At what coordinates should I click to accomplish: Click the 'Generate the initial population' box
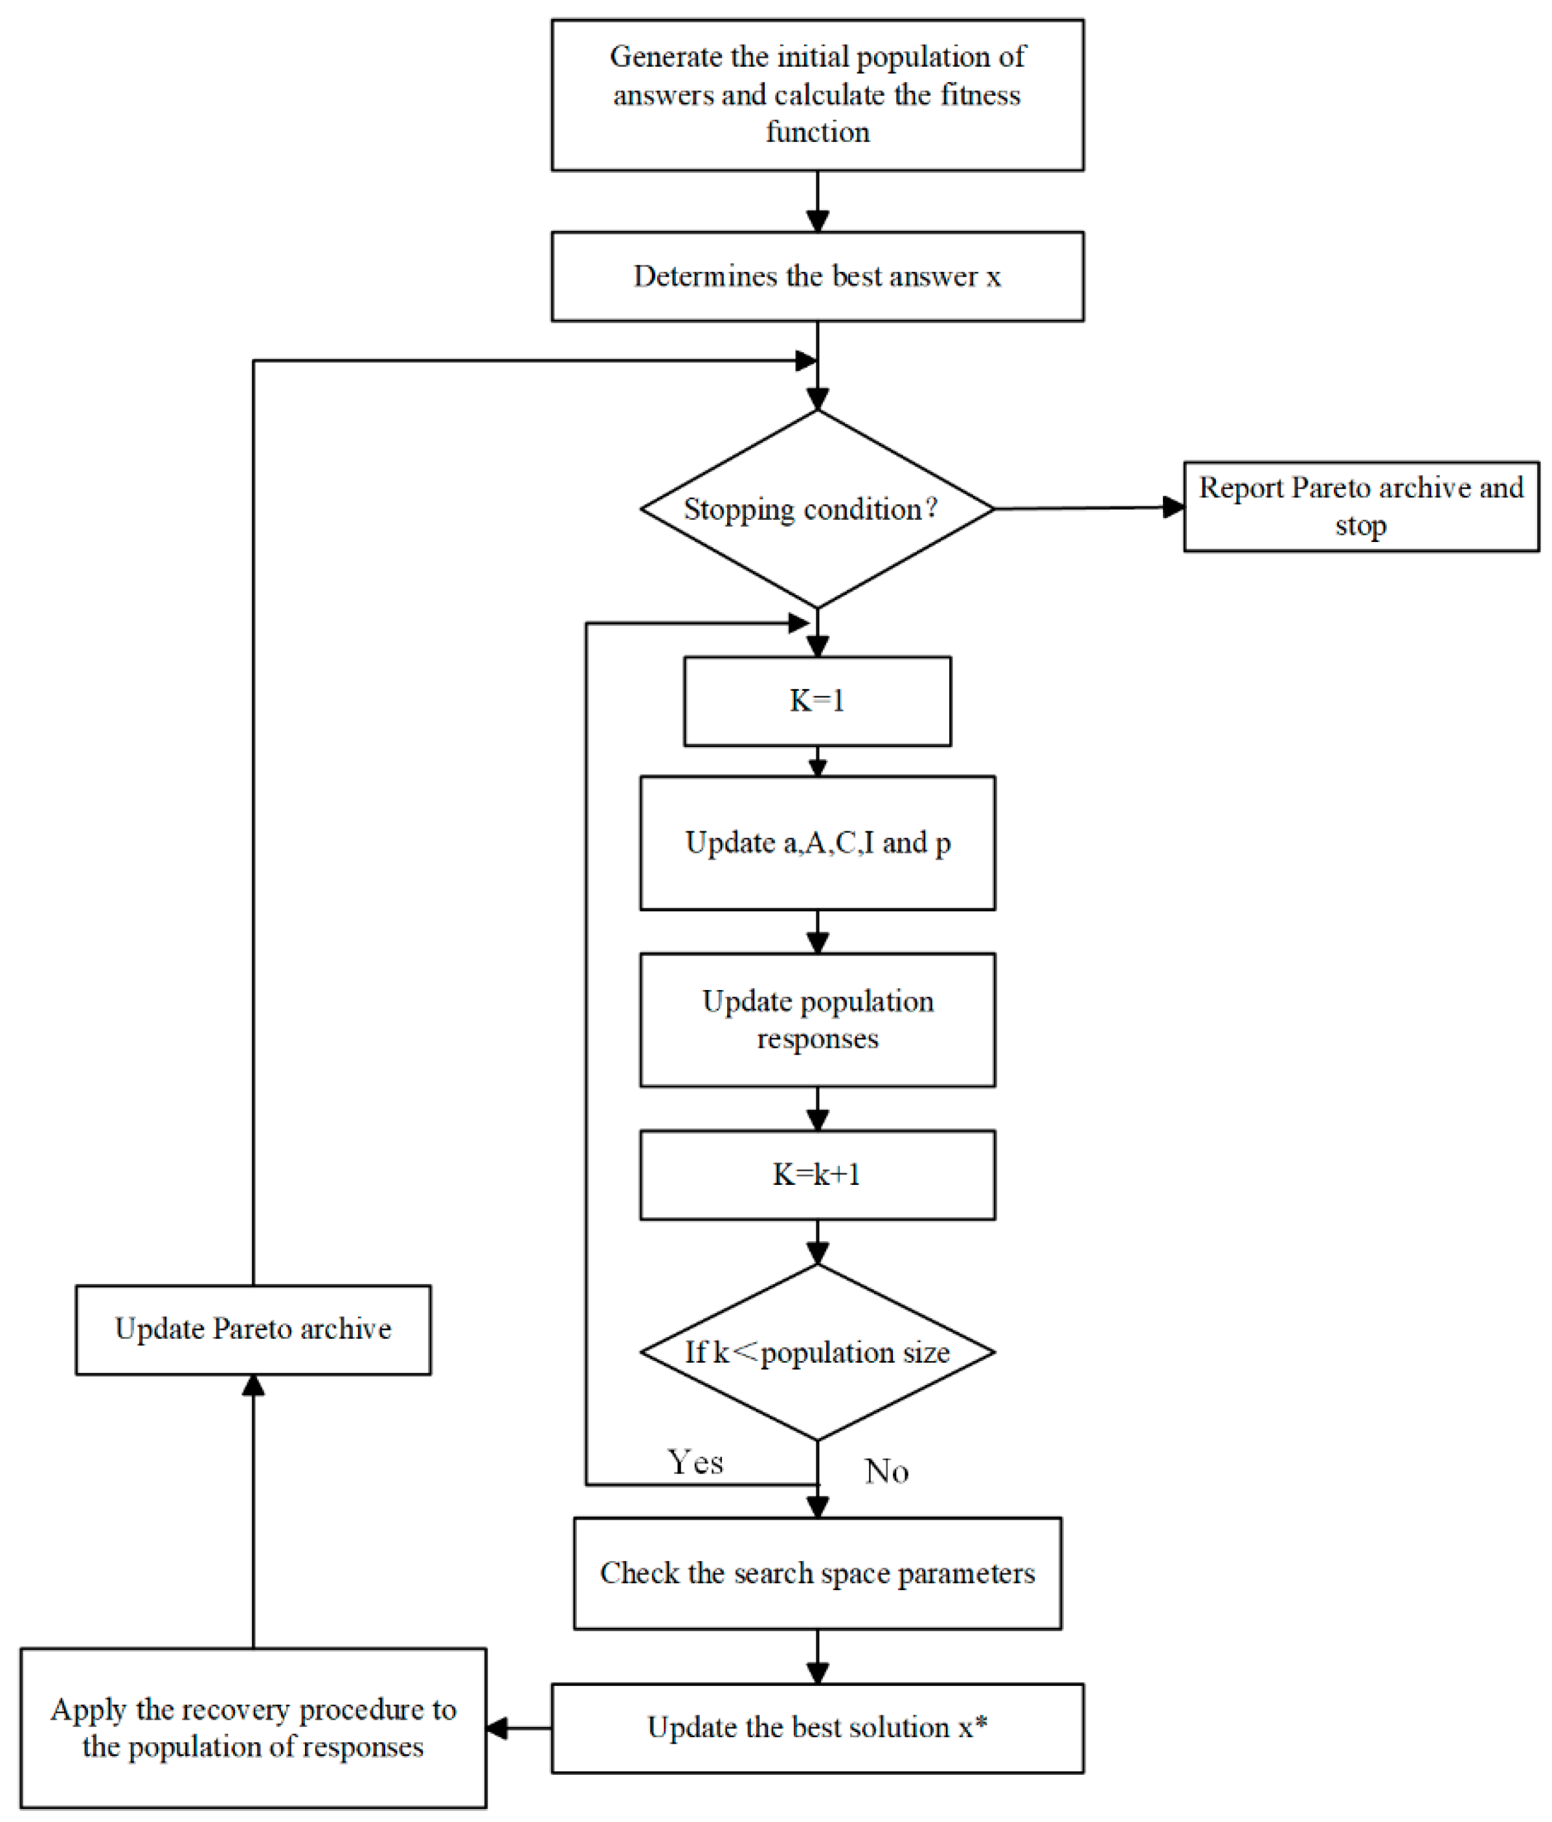(817, 95)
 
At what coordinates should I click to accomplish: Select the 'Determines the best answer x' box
(817, 276)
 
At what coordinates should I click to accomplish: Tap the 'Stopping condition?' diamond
(817, 509)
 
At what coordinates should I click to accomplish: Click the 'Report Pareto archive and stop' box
(1360, 506)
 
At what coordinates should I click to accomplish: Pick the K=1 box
(817, 701)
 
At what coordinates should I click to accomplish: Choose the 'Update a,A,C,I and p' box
(817, 842)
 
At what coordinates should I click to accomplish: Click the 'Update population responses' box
(817, 1019)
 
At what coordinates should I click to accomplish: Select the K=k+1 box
(817, 1174)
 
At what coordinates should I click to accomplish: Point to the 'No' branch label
(886, 1471)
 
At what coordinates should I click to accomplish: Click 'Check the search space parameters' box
(817, 1573)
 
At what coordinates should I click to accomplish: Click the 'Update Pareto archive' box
(253, 1329)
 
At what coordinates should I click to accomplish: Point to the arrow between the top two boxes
(817, 202)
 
